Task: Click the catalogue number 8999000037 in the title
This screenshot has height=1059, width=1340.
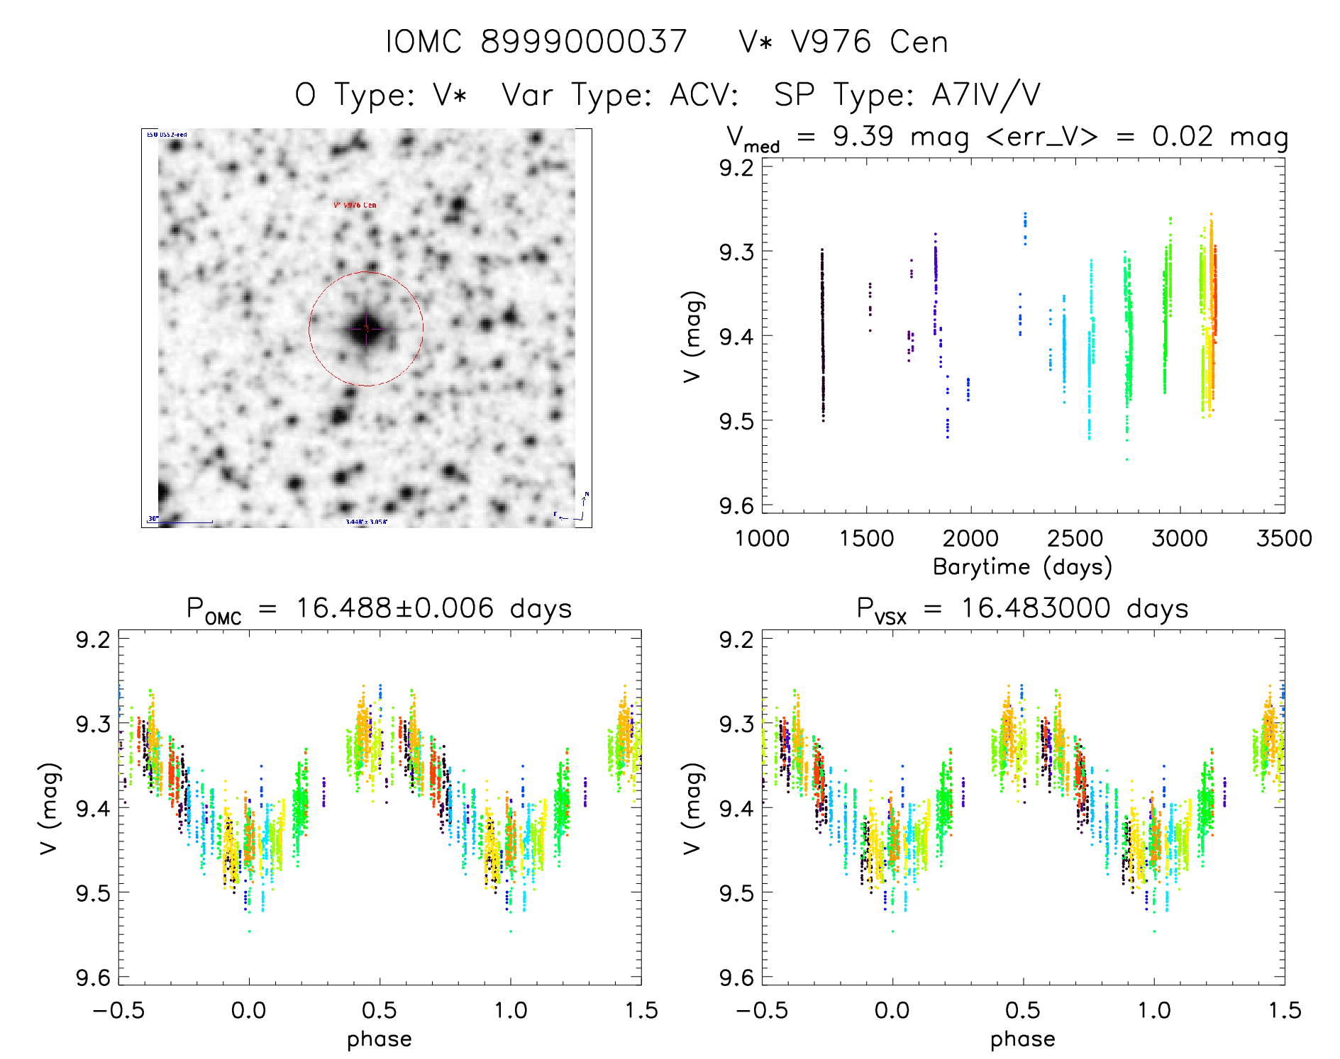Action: point(583,42)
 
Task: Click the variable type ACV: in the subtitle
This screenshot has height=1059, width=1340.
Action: point(703,94)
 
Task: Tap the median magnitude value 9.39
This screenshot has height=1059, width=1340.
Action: point(863,136)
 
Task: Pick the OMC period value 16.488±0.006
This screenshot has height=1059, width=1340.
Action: point(394,608)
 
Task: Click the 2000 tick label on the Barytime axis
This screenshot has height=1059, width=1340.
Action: point(970,538)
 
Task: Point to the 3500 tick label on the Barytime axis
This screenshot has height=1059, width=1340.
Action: point(1284,538)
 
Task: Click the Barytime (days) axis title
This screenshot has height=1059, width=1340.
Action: point(1022,566)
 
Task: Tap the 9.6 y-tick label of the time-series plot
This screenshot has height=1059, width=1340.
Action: point(736,505)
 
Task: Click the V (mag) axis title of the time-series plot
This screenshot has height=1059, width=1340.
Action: point(693,336)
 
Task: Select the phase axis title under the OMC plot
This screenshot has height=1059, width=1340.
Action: point(380,1039)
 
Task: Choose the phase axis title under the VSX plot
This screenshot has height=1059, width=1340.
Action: point(1023,1039)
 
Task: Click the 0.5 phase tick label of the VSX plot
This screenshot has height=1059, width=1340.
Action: point(1023,1010)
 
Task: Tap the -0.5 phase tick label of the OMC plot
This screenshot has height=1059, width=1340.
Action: point(118,1010)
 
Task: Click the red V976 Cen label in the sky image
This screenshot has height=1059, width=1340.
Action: point(355,205)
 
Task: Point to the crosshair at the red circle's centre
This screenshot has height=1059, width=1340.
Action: point(366,328)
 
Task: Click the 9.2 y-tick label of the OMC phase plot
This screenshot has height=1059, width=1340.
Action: point(94,639)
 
